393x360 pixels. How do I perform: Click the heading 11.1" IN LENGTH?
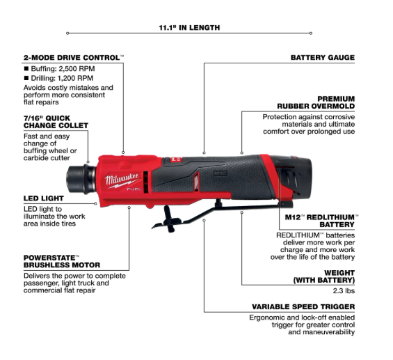click(189, 28)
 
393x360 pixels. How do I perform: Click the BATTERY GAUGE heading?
click(323, 58)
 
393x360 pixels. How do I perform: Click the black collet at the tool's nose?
click(81, 179)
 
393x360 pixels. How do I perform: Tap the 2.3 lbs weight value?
click(344, 291)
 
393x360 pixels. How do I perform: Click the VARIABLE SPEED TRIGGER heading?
click(303, 306)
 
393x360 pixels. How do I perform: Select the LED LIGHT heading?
click(44, 198)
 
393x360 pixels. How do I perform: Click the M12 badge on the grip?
click(220, 173)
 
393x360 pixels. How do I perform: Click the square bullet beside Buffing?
click(26, 68)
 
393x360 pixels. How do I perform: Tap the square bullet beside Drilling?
click(26, 78)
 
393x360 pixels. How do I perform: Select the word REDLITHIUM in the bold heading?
click(330, 217)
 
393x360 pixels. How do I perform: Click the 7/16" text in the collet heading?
click(33, 118)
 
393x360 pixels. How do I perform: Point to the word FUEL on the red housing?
click(134, 189)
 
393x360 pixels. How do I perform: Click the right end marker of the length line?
click(311, 33)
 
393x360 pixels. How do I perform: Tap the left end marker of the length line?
click(67, 33)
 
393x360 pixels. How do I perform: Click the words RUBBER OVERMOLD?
click(316, 106)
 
